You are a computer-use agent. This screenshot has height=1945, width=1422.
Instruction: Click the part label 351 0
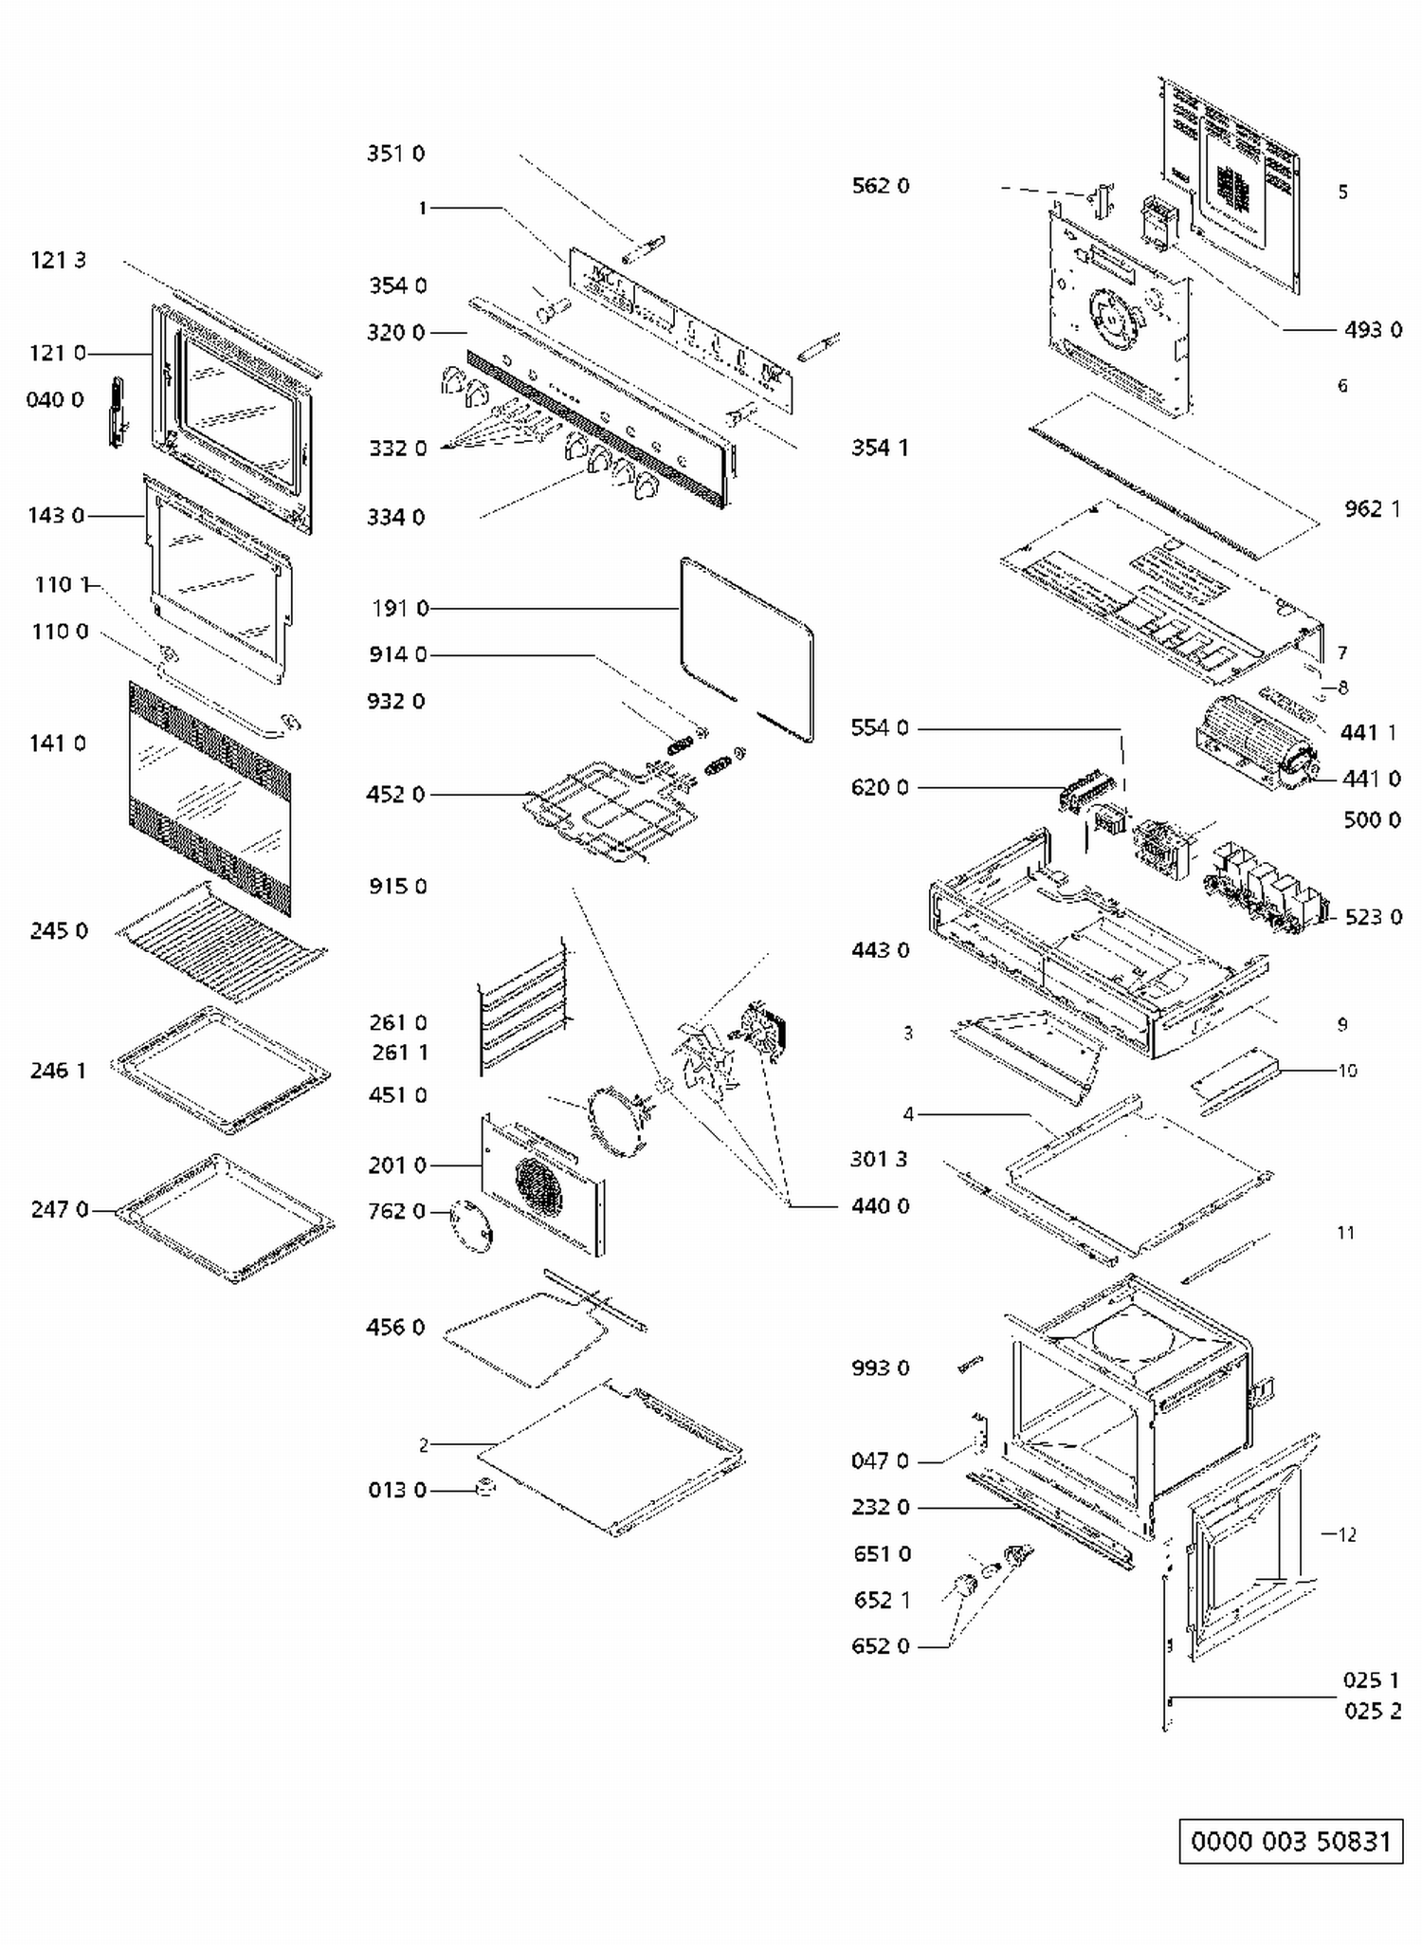click(395, 154)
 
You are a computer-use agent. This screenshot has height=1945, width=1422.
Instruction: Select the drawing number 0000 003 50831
click(1290, 1842)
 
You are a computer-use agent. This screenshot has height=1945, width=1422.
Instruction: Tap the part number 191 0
click(400, 608)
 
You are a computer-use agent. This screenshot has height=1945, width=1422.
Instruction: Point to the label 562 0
click(880, 186)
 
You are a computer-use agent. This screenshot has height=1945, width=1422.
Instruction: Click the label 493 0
click(1373, 330)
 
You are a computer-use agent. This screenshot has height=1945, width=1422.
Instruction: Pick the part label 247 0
click(59, 1209)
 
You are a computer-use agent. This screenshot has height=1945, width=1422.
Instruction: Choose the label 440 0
click(880, 1206)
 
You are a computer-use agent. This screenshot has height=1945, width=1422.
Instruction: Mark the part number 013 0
click(397, 1490)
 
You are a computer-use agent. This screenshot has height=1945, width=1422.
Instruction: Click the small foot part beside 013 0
click(484, 1486)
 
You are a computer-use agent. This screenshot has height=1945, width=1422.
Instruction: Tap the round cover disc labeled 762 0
click(472, 1226)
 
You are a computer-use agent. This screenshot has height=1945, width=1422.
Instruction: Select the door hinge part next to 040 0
click(117, 412)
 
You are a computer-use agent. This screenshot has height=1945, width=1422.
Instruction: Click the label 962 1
click(1372, 509)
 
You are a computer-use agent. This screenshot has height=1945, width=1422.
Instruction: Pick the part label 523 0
click(1373, 917)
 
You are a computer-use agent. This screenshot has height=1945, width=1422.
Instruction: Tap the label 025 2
click(1372, 1711)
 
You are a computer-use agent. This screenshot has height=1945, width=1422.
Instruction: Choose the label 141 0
click(58, 743)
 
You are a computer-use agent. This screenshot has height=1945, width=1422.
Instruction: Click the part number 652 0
click(881, 1646)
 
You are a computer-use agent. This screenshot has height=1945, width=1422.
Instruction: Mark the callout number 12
click(1347, 1534)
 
